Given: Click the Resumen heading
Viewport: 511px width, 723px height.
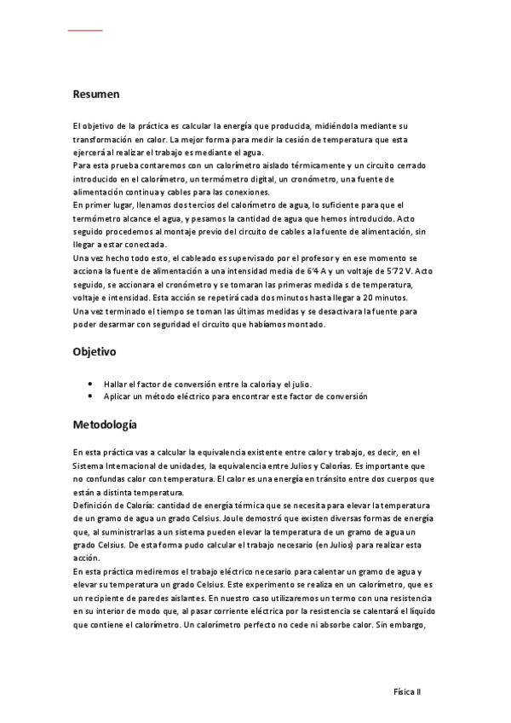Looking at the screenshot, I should tap(96, 95).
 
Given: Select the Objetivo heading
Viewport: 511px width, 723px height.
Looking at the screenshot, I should tap(96, 351).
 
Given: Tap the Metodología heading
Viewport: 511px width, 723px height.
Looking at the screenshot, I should tap(105, 424).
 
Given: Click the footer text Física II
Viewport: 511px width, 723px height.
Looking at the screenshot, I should tap(406, 693).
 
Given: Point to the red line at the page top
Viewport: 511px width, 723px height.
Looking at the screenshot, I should tap(85, 31).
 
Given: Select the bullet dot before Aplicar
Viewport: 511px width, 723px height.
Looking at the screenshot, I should tap(90, 396).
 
